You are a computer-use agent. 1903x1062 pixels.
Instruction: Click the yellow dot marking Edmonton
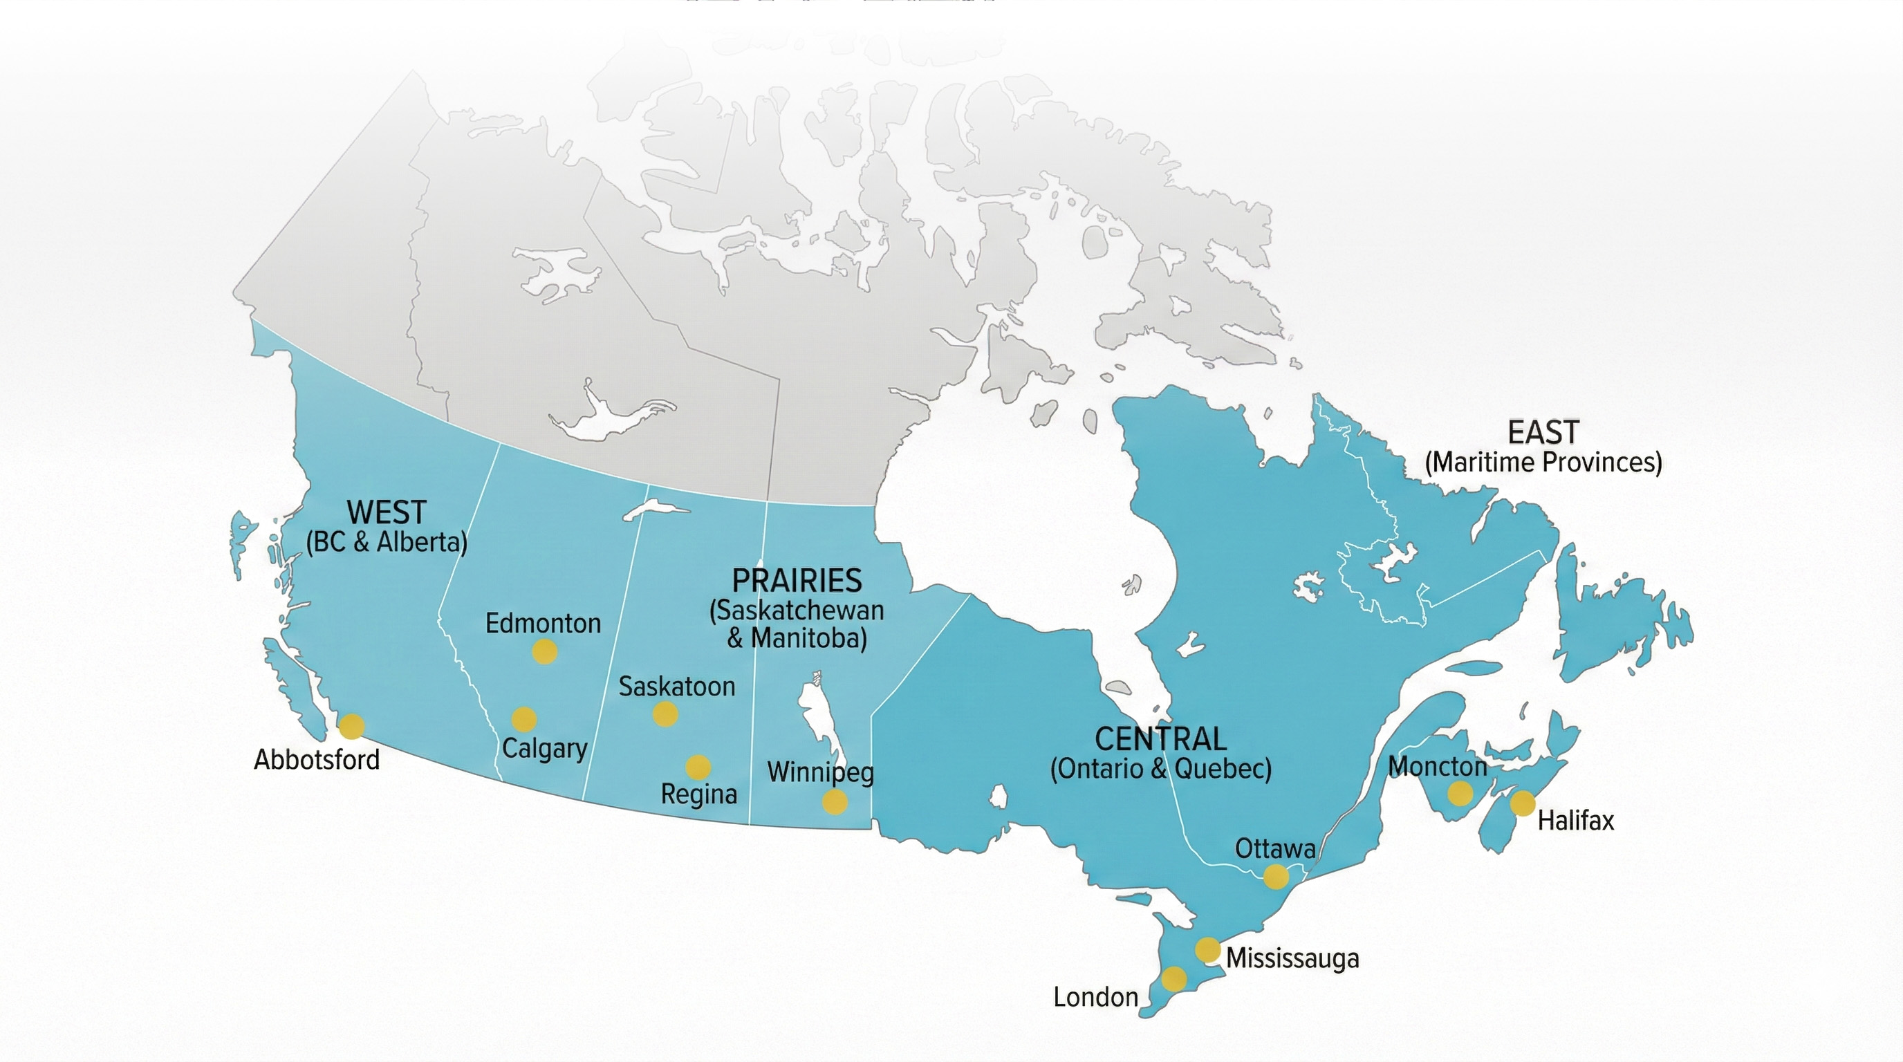544,651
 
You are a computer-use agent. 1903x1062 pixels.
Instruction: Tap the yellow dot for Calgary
523,718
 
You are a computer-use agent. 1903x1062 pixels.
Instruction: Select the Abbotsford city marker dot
352,726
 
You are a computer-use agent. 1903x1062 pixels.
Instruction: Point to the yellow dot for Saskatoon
665,714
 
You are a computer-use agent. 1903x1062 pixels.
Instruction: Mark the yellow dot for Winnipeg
835,801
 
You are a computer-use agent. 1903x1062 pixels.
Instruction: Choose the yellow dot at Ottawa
1276,877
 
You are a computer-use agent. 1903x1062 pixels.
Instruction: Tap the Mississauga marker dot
1208,949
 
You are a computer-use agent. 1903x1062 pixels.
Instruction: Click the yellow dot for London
1174,978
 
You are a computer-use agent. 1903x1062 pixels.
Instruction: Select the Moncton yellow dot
1460,794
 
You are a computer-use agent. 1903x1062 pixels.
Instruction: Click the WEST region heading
387,512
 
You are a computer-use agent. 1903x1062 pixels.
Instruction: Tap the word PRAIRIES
797,581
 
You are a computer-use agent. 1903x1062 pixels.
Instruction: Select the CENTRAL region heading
1160,739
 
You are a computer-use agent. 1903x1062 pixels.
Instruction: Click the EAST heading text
1543,433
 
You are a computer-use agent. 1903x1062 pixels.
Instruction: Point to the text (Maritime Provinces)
1543,463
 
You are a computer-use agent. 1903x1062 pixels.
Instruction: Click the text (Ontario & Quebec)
1160,769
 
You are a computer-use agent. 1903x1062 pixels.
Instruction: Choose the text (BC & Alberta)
387,543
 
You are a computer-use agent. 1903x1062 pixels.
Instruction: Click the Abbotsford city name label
317,760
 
